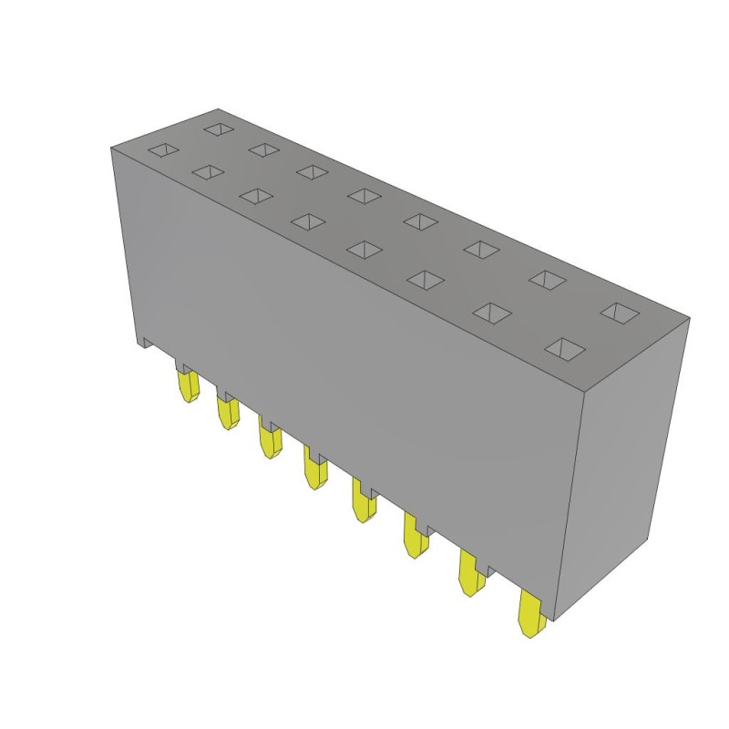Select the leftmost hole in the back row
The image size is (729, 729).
(219, 128)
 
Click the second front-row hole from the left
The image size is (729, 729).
(209, 171)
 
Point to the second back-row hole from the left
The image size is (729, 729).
(263, 149)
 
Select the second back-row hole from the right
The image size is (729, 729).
(548, 279)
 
